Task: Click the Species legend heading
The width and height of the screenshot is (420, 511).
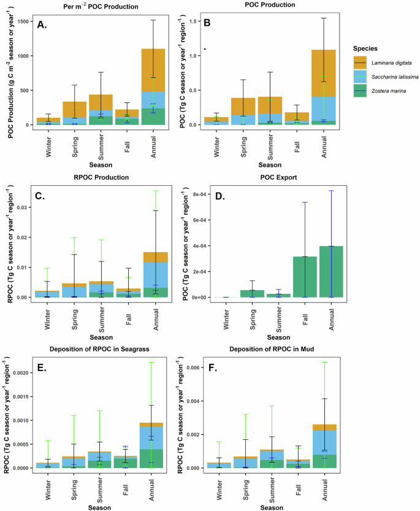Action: [x=365, y=48]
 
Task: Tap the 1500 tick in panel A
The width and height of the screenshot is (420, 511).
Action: [x=25, y=21]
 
